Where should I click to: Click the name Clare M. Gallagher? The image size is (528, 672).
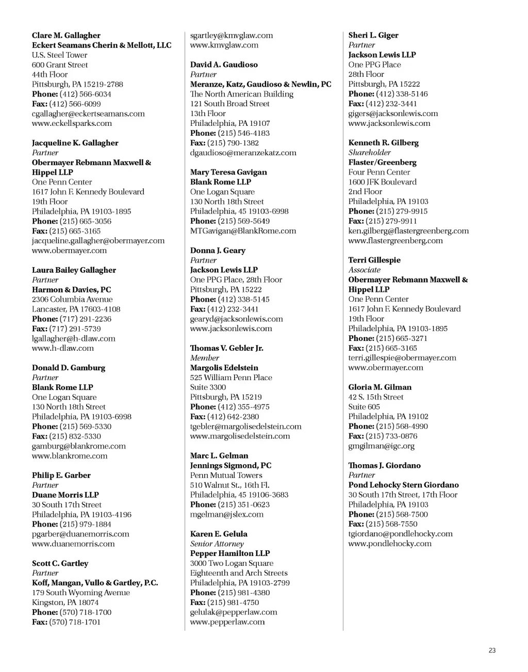tap(66, 36)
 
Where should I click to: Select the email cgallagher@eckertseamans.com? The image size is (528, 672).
tap(88, 113)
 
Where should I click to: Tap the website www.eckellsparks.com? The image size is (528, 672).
tap(72, 123)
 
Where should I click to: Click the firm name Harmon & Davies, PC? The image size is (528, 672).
tap(71, 290)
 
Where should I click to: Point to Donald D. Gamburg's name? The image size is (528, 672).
tap(69, 368)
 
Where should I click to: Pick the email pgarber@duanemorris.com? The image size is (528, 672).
tap(80, 534)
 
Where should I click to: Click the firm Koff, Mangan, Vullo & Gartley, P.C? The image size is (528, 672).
tap(95, 583)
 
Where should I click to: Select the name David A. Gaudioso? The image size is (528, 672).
tap(224, 65)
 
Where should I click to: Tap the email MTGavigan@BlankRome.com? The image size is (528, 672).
tap(243, 231)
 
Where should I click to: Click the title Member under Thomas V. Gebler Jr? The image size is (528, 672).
tap(204, 358)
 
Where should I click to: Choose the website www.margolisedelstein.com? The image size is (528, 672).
tap(240, 436)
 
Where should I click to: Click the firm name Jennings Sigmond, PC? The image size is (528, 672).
tap(230, 466)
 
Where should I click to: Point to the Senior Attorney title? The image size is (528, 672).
tap(217, 544)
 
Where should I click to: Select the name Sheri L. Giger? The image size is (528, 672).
tap(373, 36)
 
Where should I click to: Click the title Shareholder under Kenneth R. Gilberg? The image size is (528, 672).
tap(369, 153)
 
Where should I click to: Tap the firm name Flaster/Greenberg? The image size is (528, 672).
tap(382, 162)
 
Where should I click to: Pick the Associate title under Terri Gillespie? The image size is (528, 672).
tap(364, 270)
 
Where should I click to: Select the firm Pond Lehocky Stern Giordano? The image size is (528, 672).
tap(403, 485)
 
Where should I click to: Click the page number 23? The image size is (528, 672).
tap(492, 650)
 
